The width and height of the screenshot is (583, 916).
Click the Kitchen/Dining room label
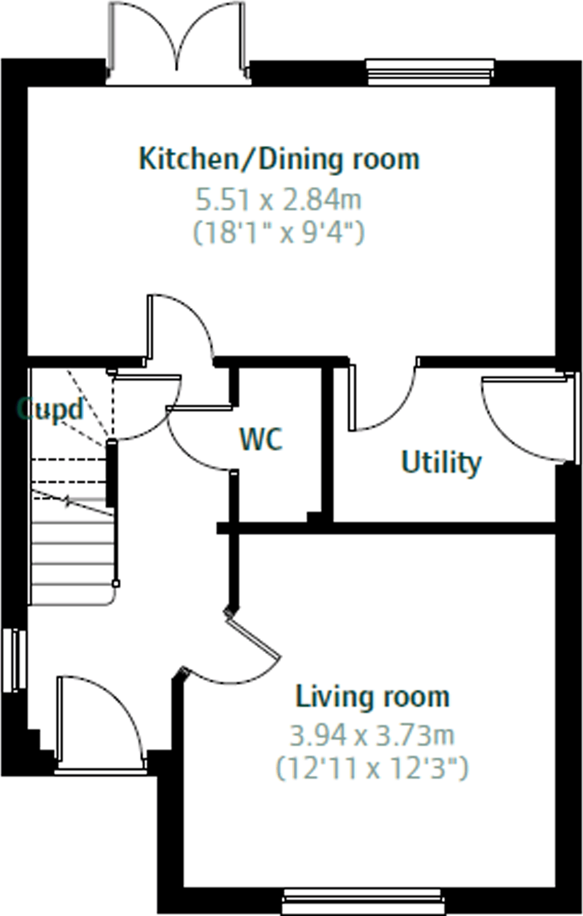coord(279,160)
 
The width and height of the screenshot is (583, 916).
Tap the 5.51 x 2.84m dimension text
coord(279,200)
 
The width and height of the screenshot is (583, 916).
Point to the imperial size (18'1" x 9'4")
coord(279,233)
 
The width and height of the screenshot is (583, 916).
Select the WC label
coord(261,439)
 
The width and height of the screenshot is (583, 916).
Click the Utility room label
coord(441,462)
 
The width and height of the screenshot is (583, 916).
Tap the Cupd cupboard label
coord(50,409)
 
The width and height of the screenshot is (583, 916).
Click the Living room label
coord(372,697)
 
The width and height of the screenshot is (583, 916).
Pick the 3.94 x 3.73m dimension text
coord(372,735)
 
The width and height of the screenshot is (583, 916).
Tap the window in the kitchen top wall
coord(430,72)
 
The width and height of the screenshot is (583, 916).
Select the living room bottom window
coord(363,901)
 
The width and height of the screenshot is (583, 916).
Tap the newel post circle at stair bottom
coord(117,584)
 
